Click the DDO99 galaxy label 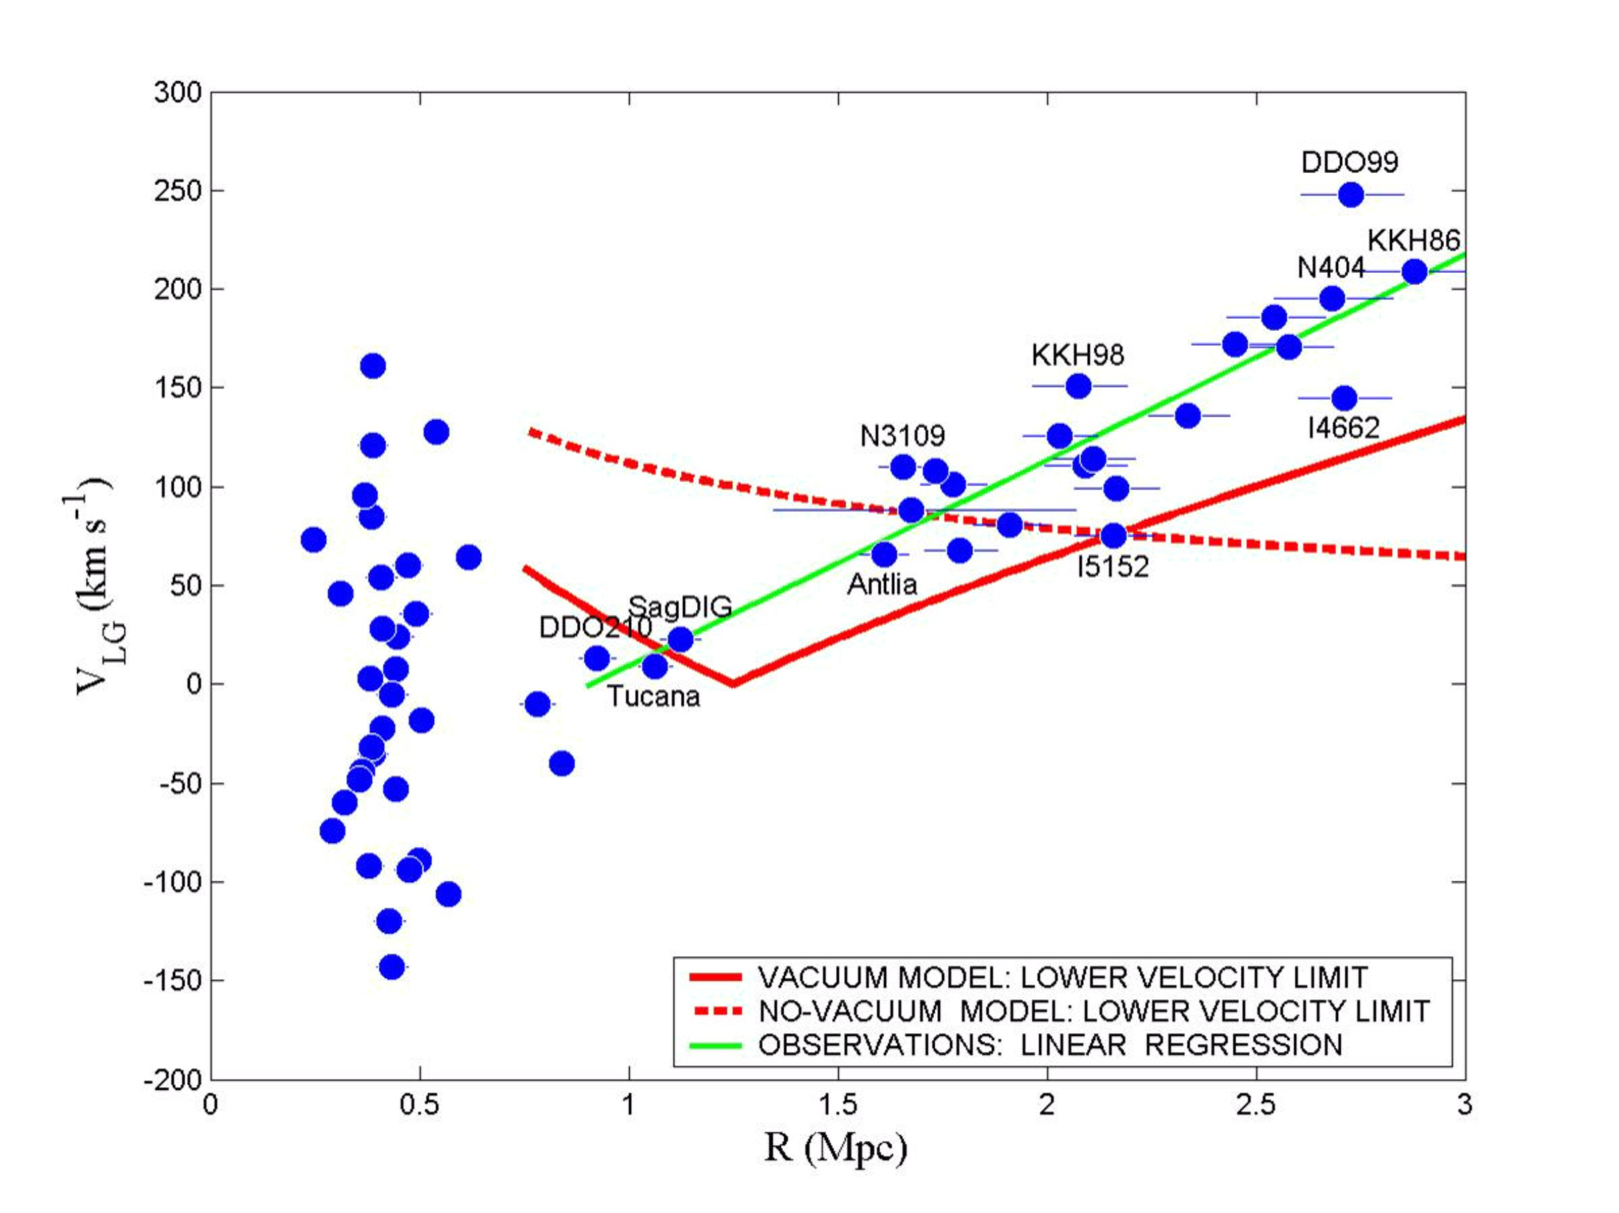click(x=1349, y=162)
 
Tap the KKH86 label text click(x=1413, y=240)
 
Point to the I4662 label click(x=1343, y=427)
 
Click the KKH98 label click(x=1077, y=355)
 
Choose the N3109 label click(x=902, y=436)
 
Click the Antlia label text click(x=882, y=584)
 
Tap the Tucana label click(x=653, y=696)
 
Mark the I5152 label click(x=1112, y=567)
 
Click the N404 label click(x=1331, y=268)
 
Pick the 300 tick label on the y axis click(x=177, y=93)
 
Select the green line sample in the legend click(x=716, y=1045)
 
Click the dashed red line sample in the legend click(x=716, y=1011)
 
